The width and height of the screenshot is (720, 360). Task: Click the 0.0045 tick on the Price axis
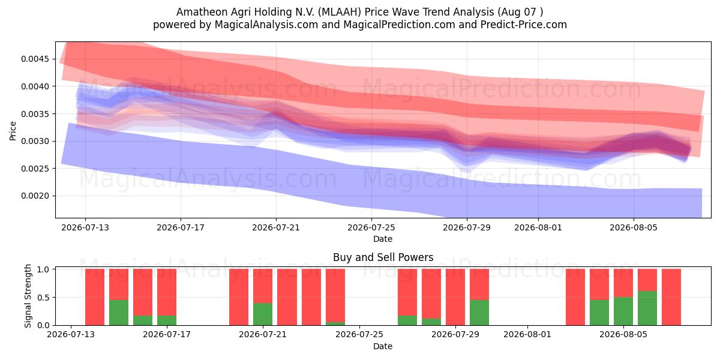pyautogui.click(x=35, y=59)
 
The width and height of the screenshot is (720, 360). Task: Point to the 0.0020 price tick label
pyautogui.click(x=35, y=196)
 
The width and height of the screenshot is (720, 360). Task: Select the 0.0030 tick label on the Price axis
pyautogui.click(x=35, y=142)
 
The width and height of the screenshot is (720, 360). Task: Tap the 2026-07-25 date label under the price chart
pyautogui.click(x=371, y=228)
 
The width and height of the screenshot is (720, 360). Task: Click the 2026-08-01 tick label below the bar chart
pyautogui.click(x=527, y=335)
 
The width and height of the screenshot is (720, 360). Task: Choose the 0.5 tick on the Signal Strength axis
pyautogui.click(x=43, y=298)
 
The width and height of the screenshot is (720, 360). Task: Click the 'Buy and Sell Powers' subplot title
pyautogui.click(x=383, y=257)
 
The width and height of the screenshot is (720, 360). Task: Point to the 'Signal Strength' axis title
pyautogui.click(x=28, y=296)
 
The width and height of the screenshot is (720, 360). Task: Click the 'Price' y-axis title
pyautogui.click(x=13, y=131)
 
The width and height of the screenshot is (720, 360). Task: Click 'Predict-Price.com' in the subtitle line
pyautogui.click(x=524, y=25)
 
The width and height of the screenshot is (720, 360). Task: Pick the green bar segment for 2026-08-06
pyautogui.click(x=647, y=308)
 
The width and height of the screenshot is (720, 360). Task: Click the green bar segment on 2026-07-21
pyautogui.click(x=263, y=314)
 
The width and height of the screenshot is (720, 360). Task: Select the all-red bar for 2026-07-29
pyautogui.click(x=455, y=297)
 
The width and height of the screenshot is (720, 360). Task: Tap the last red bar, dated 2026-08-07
pyautogui.click(x=671, y=297)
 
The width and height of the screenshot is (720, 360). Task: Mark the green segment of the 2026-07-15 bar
pyautogui.click(x=119, y=313)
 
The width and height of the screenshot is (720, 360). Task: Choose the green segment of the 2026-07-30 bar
pyautogui.click(x=479, y=313)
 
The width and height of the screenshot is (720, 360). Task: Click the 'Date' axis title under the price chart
pyautogui.click(x=383, y=239)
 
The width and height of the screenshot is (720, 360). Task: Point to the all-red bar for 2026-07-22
pyautogui.click(x=287, y=297)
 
